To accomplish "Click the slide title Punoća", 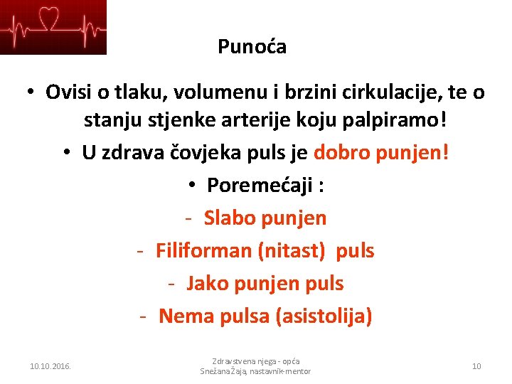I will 252,48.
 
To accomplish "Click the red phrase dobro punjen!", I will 381,152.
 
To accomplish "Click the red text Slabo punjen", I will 265,218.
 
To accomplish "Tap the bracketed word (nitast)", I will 292,250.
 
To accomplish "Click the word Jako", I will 206,284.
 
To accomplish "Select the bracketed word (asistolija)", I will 324,316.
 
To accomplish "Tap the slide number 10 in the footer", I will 476,366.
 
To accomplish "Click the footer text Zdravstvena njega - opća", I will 255,361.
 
